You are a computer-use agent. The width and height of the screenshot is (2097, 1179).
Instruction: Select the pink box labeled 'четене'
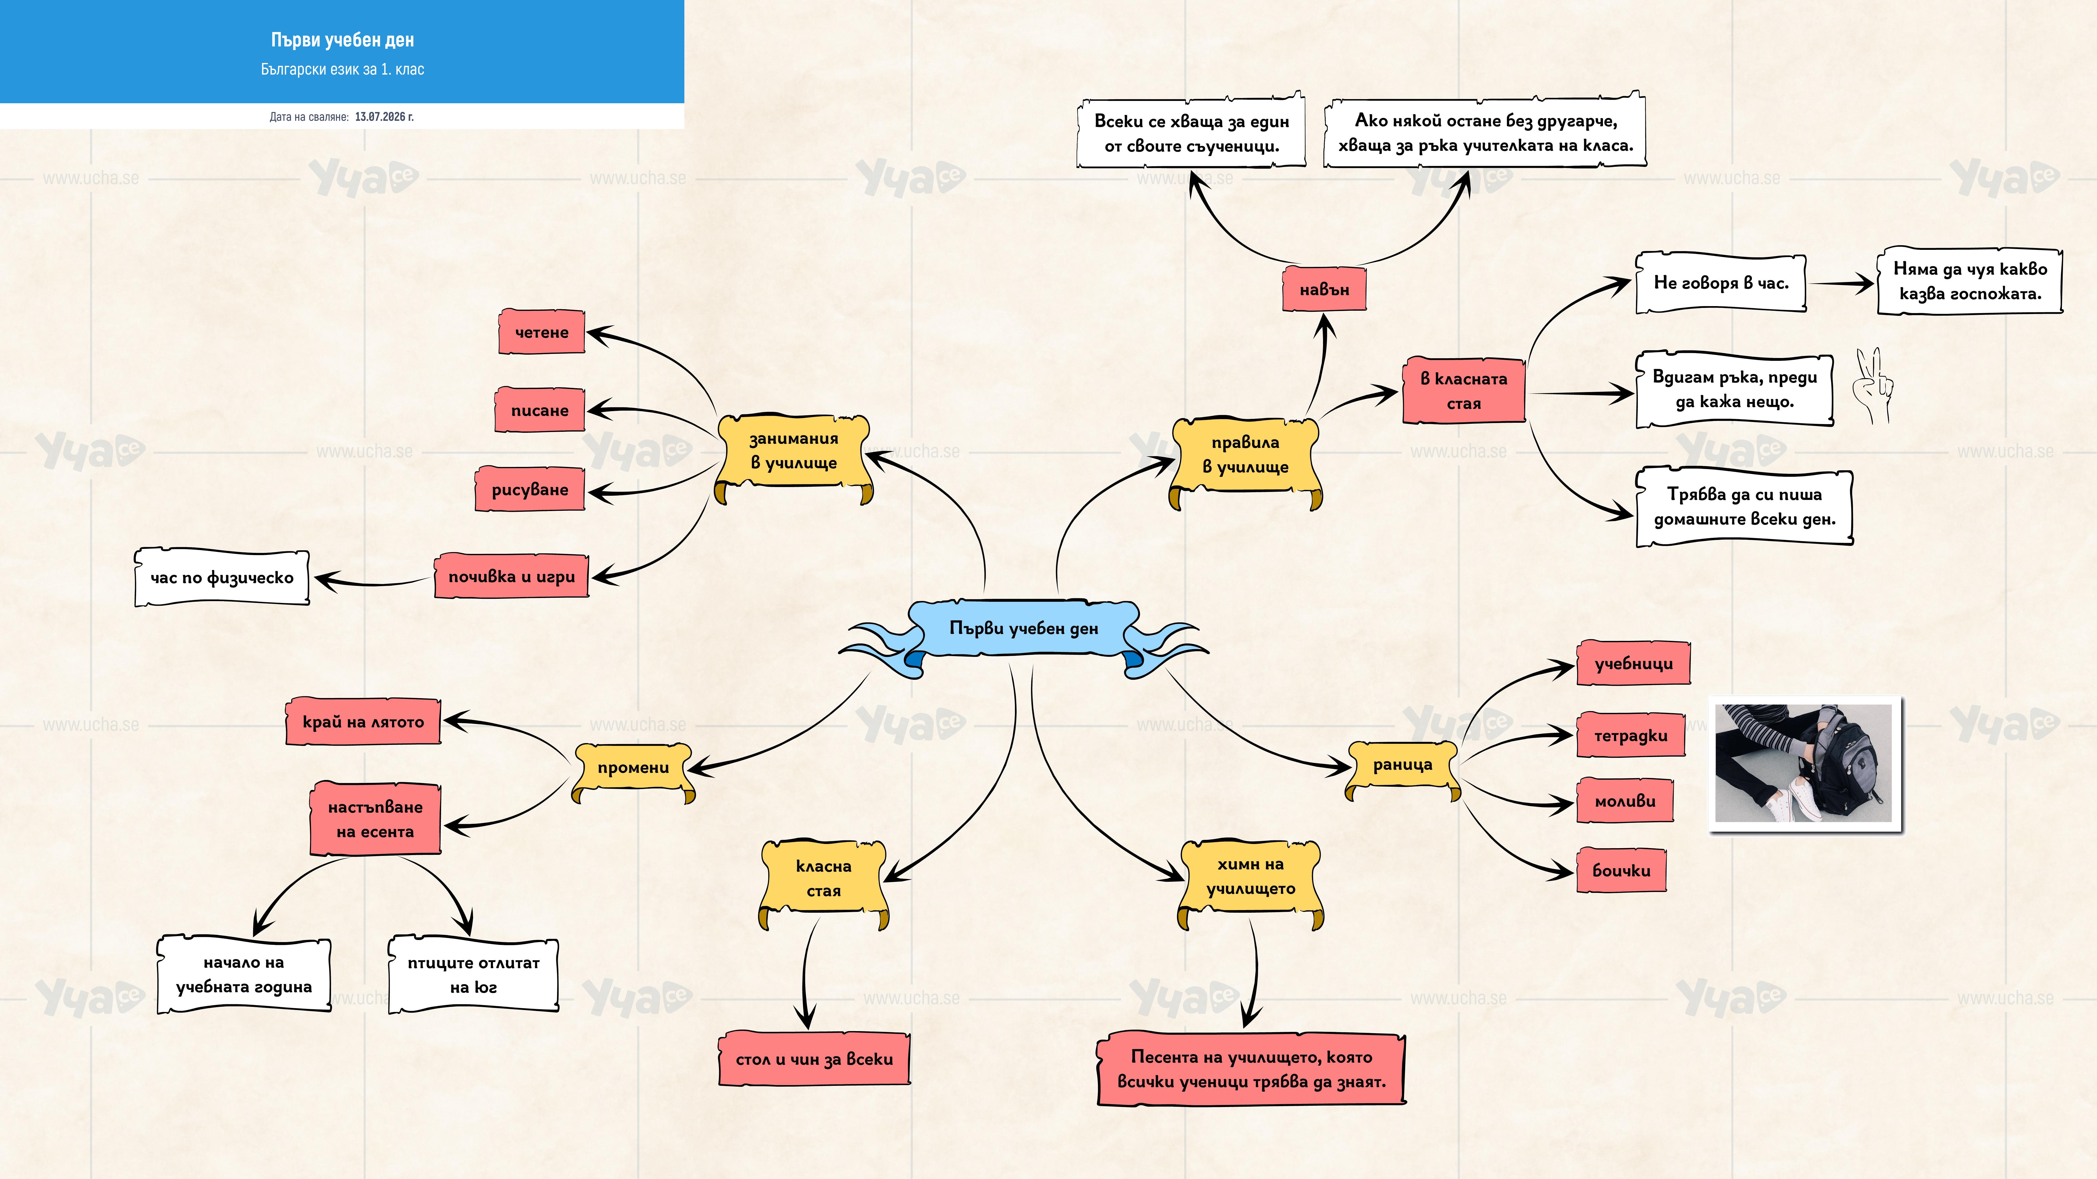click(541, 331)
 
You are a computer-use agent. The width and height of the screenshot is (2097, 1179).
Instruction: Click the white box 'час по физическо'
click(221, 577)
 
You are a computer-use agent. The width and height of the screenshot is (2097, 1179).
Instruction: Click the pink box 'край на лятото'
click(363, 721)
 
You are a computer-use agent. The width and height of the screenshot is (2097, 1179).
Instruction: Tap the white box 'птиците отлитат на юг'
click(473, 974)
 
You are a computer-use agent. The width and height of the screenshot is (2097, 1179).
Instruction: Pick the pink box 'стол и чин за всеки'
click(814, 1058)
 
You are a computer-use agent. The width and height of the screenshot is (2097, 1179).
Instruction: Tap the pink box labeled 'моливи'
click(1625, 800)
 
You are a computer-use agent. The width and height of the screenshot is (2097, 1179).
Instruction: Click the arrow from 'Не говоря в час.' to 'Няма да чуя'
click(1841, 283)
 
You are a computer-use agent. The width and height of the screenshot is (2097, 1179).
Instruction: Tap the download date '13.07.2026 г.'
click(384, 116)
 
